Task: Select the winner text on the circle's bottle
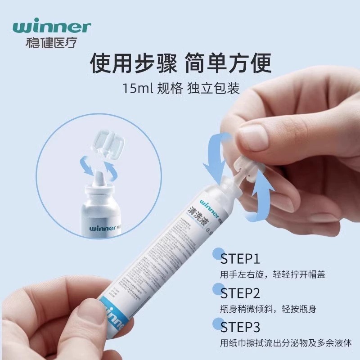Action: [x=104, y=228]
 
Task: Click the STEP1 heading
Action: [x=240, y=260]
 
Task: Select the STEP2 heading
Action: [x=240, y=293]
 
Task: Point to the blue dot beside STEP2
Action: [x=219, y=288]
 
